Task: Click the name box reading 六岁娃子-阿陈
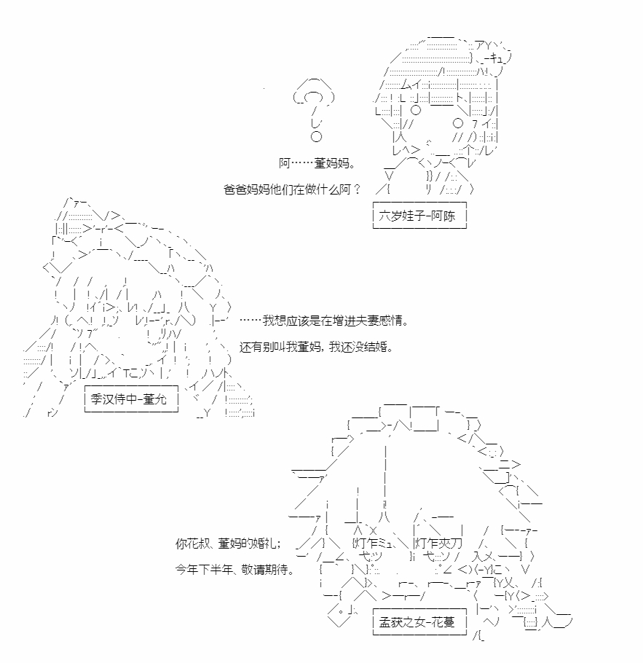[x=419, y=216]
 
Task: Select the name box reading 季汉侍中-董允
[x=131, y=399]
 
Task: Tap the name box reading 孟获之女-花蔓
[x=419, y=622]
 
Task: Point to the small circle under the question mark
[x=316, y=136]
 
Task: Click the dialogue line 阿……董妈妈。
[x=317, y=162]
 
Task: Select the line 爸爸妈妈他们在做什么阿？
[x=292, y=189]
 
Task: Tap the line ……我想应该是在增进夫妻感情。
[x=324, y=321]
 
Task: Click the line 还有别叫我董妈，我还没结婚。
[x=317, y=347]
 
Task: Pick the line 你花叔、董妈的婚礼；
[x=228, y=544]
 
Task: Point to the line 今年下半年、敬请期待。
[x=234, y=570]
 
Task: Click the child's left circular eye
[x=416, y=110]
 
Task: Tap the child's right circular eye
[x=458, y=123]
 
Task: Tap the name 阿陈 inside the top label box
[x=443, y=216]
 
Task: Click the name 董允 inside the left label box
[x=155, y=399]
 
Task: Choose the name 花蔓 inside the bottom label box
[x=443, y=622]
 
